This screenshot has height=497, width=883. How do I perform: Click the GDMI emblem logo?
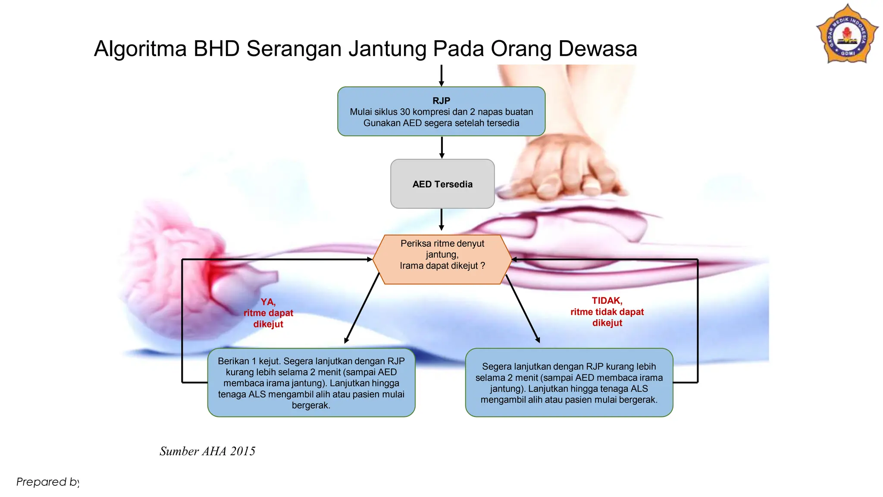tap(847, 35)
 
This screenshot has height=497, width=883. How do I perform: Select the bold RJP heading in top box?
tap(441, 101)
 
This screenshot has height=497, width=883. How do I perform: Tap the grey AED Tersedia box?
tap(442, 184)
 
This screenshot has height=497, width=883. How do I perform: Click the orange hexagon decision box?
tap(442, 260)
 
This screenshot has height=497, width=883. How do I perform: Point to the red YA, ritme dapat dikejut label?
tap(268, 313)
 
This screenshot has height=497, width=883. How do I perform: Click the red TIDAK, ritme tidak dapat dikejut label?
tap(607, 312)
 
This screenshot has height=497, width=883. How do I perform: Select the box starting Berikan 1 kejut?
tap(311, 383)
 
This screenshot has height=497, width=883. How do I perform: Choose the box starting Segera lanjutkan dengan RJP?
tap(569, 383)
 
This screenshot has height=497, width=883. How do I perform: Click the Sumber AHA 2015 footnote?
tap(207, 451)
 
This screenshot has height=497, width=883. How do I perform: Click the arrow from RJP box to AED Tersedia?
tap(442, 148)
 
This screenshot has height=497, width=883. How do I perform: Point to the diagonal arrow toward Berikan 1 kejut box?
tap(362, 308)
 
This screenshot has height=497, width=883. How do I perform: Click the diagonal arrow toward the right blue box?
tap(523, 309)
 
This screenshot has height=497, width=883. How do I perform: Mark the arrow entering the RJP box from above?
tap(441, 75)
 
